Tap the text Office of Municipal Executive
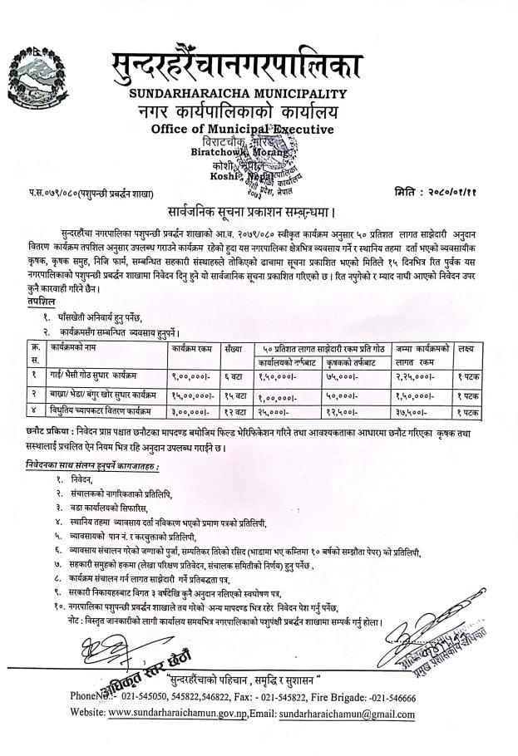coord(242,129)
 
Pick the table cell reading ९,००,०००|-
coord(192,376)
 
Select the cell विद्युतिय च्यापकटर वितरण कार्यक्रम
coord(107,411)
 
